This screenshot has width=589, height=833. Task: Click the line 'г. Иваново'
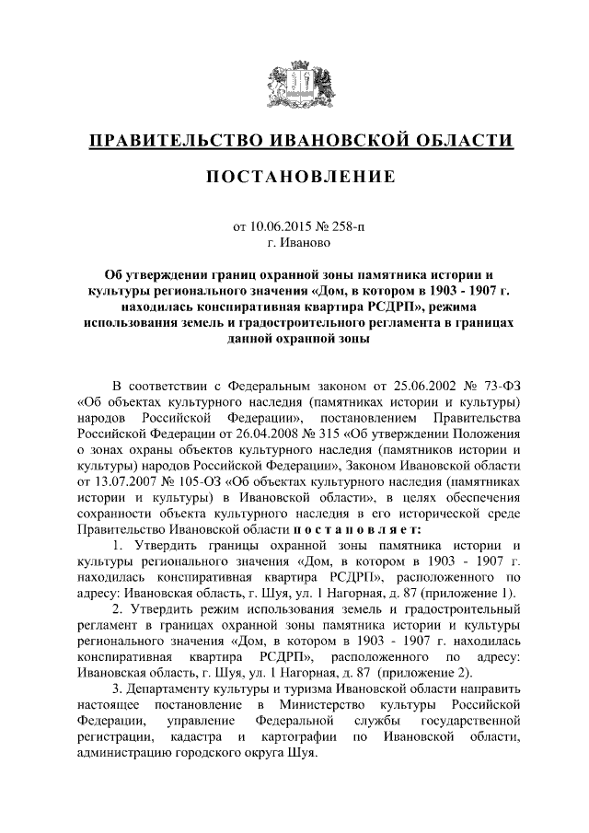point(294,243)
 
